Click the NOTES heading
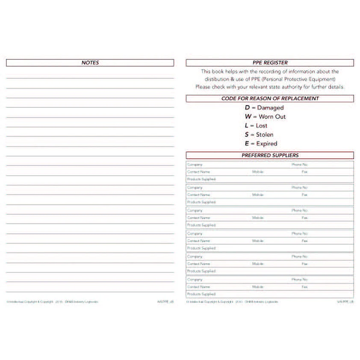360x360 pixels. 90,63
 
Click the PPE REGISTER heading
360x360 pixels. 270,63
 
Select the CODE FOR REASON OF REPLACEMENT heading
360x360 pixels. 270,98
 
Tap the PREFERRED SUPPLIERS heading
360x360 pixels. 270,155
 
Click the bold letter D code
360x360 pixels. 247,108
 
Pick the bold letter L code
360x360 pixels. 247,126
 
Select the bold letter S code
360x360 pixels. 247,135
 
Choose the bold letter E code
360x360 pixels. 247,144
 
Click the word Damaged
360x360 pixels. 270,108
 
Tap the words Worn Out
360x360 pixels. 272,117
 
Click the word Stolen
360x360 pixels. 265,135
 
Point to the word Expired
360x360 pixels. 266,144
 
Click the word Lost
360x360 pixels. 262,126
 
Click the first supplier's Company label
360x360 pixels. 195,165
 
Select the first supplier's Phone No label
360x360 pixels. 299,165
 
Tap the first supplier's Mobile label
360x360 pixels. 258,172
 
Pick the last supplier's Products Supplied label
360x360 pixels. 201,294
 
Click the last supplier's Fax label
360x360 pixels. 304,287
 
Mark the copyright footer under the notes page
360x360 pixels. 52,302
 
